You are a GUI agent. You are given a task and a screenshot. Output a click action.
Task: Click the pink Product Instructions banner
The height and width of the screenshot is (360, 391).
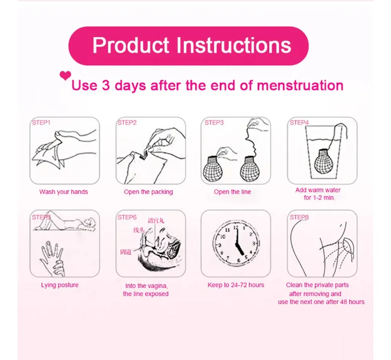[192, 46]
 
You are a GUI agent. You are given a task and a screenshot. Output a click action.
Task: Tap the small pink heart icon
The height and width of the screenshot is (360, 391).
[65, 76]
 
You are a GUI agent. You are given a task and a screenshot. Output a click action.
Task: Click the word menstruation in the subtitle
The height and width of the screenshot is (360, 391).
[300, 85]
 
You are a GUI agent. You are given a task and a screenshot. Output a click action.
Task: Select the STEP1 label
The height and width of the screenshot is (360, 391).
[41, 122]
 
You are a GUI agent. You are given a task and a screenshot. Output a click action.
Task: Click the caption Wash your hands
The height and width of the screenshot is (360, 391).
[63, 192]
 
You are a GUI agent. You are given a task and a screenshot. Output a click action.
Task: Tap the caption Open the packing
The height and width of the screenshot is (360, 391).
[148, 192]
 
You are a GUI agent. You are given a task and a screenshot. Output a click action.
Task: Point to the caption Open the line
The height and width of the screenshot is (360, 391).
[232, 192]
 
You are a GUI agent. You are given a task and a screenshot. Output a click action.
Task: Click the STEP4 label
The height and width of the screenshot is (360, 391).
[298, 122]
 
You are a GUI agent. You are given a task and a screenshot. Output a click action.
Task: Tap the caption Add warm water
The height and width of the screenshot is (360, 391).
[318, 190]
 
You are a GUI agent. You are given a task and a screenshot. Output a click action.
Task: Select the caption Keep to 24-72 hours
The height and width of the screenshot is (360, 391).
[236, 285]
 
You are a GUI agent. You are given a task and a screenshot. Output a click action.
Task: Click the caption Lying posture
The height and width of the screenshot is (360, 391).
[60, 285]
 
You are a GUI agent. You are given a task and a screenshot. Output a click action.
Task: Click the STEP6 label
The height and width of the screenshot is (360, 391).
[127, 217]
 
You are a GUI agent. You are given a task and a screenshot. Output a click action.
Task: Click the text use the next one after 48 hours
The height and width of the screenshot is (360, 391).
[321, 302]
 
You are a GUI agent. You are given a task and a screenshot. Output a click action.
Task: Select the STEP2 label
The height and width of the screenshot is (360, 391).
[127, 122]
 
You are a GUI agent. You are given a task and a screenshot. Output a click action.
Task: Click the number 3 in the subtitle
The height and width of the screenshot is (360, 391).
[106, 85]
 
